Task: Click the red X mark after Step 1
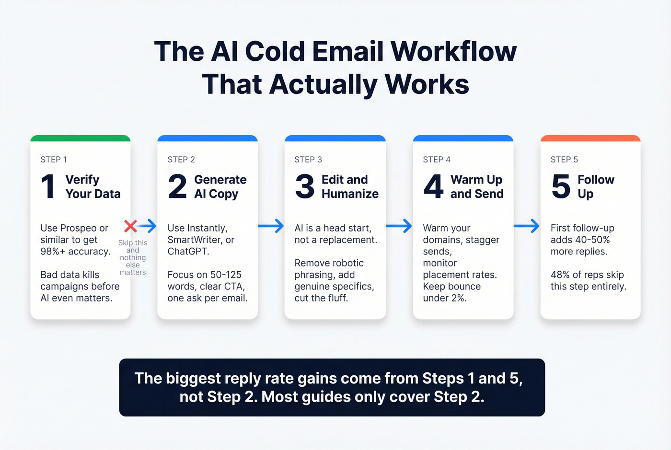[x=130, y=226]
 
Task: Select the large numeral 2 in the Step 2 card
[x=177, y=186]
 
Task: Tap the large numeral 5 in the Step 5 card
[x=561, y=186]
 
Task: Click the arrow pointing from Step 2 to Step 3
[x=271, y=226]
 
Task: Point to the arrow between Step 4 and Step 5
[x=526, y=226]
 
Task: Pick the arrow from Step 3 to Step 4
[x=399, y=226]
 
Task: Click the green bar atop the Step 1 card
[x=81, y=138]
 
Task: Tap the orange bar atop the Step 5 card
[x=590, y=138]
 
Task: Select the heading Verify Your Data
[x=93, y=186]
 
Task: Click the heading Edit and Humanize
[x=350, y=186]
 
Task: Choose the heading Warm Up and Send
[x=477, y=186]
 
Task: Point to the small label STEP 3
[x=308, y=160]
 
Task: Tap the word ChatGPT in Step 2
[x=187, y=252]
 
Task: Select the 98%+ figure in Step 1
[x=52, y=252]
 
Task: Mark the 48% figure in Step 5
[x=560, y=275]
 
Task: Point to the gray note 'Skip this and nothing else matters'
[x=133, y=258]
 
